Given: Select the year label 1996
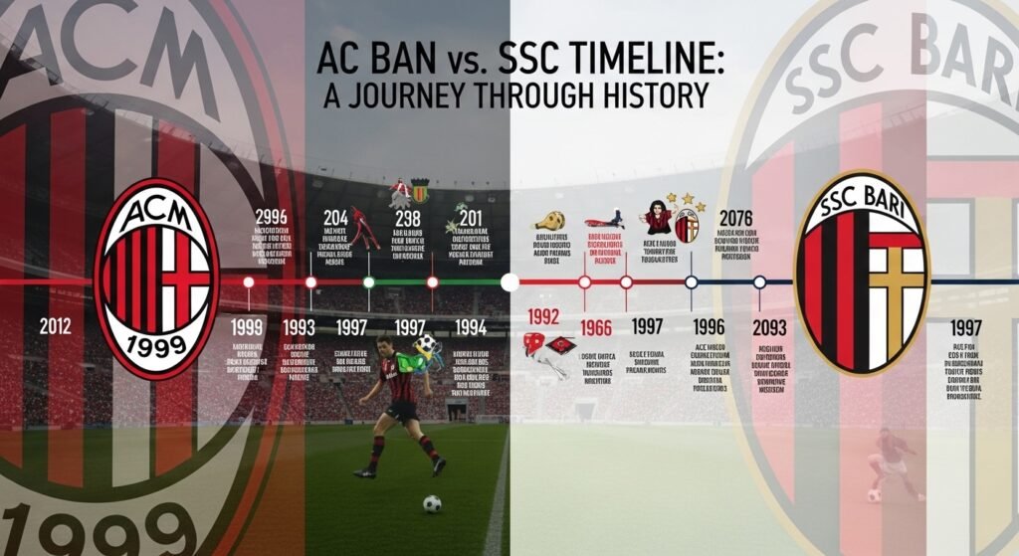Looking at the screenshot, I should coord(708,326).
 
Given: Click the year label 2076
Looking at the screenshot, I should coord(736,218).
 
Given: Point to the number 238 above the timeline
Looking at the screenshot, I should coord(408,220).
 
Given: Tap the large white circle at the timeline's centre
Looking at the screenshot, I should coord(509,282).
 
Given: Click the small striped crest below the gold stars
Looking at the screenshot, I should coord(687,227).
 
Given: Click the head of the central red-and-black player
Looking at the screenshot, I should coord(386,345).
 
